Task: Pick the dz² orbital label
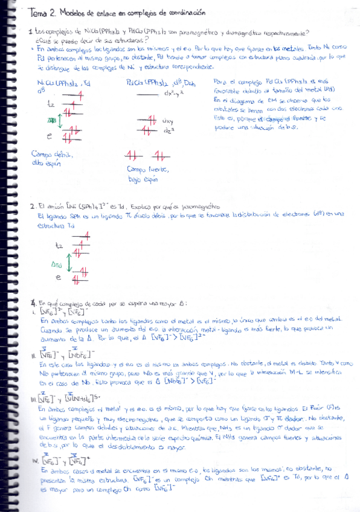pos(167,130)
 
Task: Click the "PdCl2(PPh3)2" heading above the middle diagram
pos(146,83)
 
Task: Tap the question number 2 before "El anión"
pos(31,206)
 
